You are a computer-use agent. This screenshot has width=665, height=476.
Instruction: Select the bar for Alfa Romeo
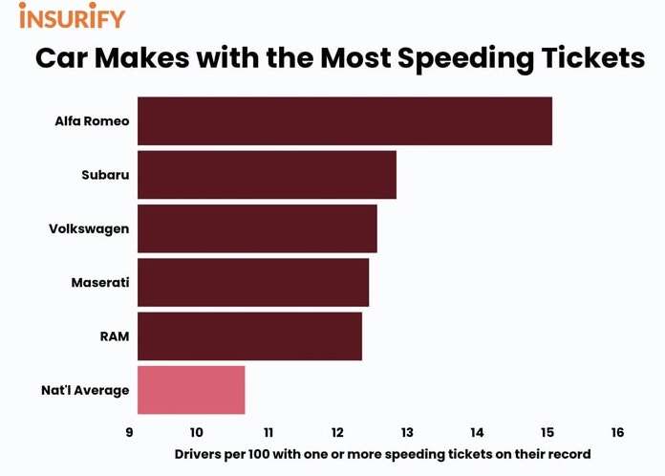(344, 121)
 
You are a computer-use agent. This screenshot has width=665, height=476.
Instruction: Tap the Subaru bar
(267, 175)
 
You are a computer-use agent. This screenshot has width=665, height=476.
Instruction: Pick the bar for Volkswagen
(257, 228)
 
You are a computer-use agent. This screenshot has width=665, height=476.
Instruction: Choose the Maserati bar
(252, 282)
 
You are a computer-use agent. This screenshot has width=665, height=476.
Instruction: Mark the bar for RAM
(249, 336)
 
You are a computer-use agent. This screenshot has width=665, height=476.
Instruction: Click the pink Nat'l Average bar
(191, 390)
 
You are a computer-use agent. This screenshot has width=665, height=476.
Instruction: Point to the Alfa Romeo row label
(92, 121)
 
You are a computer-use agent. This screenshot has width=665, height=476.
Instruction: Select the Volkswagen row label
(89, 228)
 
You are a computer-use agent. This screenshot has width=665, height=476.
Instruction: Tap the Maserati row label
(99, 283)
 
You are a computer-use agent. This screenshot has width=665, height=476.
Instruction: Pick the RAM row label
(114, 336)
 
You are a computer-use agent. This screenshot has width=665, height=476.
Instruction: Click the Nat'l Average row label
(85, 390)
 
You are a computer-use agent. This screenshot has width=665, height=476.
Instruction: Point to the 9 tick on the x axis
(129, 432)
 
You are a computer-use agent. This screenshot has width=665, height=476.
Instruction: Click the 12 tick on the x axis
(337, 432)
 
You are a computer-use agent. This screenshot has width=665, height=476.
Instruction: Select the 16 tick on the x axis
(617, 432)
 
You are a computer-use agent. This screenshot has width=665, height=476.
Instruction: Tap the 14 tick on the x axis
(477, 432)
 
